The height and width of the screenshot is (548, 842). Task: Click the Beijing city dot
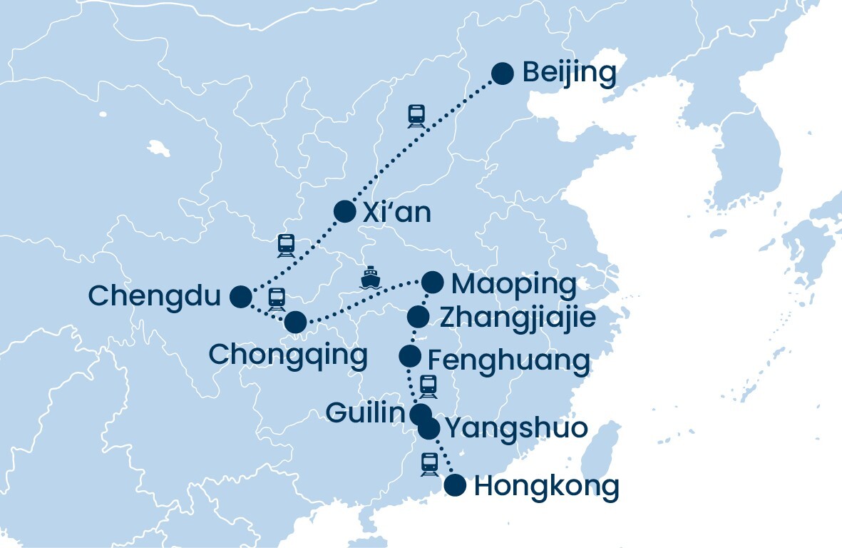click(503, 73)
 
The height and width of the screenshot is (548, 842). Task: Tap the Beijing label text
click(569, 73)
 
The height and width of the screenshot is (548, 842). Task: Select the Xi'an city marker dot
click(344, 211)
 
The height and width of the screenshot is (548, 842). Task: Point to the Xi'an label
click(396, 212)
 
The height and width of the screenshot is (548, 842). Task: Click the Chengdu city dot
click(241, 296)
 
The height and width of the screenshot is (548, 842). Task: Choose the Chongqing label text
click(288, 355)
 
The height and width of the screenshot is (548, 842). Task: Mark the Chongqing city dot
click(295, 323)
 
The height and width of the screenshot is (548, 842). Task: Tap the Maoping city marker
click(432, 283)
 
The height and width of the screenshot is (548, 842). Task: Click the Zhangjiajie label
click(517, 318)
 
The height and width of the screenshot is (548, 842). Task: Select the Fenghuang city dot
click(409, 355)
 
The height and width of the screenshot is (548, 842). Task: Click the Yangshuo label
click(516, 428)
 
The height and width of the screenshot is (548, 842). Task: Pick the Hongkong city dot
click(455, 485)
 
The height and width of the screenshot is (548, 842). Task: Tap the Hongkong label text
click(546, 487)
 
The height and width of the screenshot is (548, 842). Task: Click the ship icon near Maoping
click(369, 277)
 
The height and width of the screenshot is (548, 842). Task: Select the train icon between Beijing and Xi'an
click(416, 116)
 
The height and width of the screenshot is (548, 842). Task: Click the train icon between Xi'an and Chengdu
click(286, 245)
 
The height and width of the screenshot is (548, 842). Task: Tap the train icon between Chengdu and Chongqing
click(277, 298)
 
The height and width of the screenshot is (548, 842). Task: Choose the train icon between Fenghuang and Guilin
click(428, 386)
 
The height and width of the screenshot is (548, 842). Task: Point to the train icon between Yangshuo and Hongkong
click(429, 464)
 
